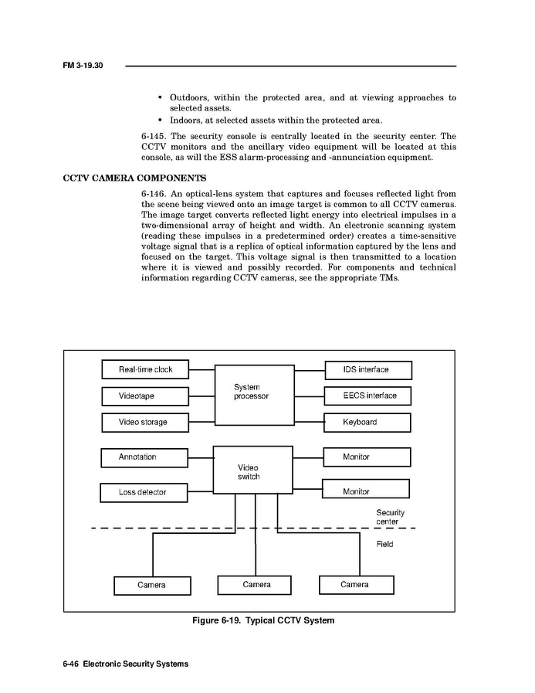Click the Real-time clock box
(x=147, y=369)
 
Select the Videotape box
(x=147, y=396)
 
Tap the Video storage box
(x=147, y=423)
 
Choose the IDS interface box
(x=367, y=369)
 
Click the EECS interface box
(x=367, y=396)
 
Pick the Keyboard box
(x=367, y=423)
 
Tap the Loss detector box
(x=144, y=492)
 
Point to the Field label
(x=384, y=545)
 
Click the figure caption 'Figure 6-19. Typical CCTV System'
(x=263, y=620)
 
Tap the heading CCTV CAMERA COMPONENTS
(x=134, y=178)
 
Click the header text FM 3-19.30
(x=83, y=66)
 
